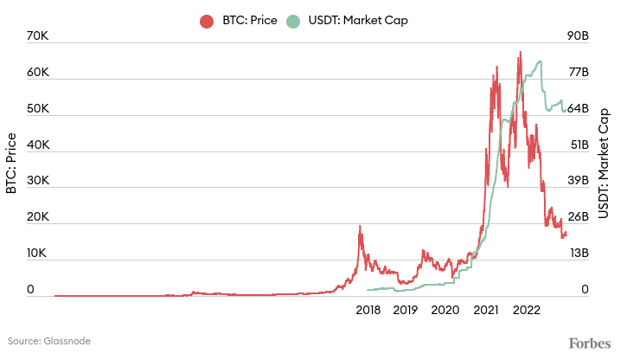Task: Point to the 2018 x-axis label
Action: (x=368, y=309)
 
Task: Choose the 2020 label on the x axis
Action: (x=445, y=309)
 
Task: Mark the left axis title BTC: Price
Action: (x=12, y=164)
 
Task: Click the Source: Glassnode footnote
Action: (x=49, y=342)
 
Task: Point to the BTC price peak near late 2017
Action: (x=360, y=227)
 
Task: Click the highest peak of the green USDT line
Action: (x=540, y=61)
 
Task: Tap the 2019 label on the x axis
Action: (x=406, y=309)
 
